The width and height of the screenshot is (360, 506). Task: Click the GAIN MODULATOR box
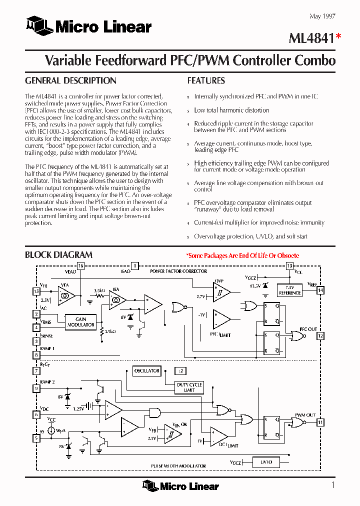tap(81, 322)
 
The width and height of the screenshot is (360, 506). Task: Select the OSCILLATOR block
tap(146, 371)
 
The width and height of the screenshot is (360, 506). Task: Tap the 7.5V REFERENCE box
tap(290, 290)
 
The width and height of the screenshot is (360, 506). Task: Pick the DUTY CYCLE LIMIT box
tap(189, 387)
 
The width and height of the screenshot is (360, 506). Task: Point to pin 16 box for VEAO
tap(81, 266)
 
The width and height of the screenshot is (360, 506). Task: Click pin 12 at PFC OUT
tap(320, 335)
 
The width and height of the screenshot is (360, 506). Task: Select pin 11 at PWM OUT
tap(320, 422)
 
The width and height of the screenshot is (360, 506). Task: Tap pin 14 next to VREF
tap(320, 290)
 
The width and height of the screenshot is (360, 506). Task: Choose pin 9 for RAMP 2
tap(36, 388)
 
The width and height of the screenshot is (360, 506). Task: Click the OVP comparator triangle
tap(221, 291)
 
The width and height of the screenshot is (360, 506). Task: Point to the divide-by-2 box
tap(180, 371)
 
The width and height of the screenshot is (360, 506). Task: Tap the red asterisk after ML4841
tap(338, 36)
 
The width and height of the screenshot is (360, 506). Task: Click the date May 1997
tap(322, 16)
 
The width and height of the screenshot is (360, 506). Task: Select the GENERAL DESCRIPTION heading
tap(70, 80)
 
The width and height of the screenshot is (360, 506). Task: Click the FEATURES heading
tap(206, 80)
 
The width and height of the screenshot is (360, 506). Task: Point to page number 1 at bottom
tap(333, 484)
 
